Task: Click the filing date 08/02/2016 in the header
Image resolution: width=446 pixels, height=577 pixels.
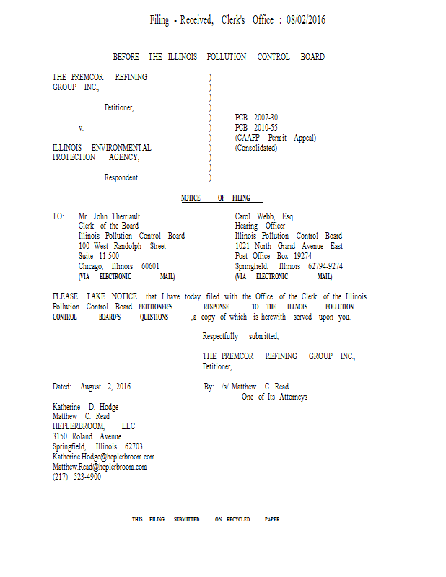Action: click(306, 19)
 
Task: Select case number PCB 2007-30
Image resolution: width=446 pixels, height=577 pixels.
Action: click(256, 118)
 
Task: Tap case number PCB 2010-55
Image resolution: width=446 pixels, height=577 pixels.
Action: click(256, 128)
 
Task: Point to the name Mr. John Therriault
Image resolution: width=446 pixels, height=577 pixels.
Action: click(109, 216)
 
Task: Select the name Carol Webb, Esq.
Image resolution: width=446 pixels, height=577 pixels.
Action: click(264, 216)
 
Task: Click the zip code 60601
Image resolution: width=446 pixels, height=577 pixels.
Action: click(150, 265)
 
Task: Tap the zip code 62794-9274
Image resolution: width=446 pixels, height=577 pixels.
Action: click(325, 265)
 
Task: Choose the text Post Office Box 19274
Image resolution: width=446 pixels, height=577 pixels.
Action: click(274, 256)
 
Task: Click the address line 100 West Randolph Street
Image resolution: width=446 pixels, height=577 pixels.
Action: click(122, 246)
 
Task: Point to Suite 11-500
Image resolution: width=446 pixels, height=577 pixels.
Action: click(99, 256)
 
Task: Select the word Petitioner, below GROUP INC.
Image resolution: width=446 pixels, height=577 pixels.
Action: click(119, 107)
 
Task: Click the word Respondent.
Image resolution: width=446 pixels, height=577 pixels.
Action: click(121, 177)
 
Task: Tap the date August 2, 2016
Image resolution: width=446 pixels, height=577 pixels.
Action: click(105, 387)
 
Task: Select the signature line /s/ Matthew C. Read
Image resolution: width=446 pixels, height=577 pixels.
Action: click(255, 387)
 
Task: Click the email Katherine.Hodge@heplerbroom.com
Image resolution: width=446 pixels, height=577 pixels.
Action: click(103, 457)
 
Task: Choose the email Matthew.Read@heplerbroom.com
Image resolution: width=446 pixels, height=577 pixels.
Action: click(100, 467)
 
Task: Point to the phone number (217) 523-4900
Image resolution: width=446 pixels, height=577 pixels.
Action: click(76, 477)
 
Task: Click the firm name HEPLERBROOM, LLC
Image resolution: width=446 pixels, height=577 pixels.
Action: click(94, 426)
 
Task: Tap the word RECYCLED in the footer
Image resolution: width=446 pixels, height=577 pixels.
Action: click(238, 519)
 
